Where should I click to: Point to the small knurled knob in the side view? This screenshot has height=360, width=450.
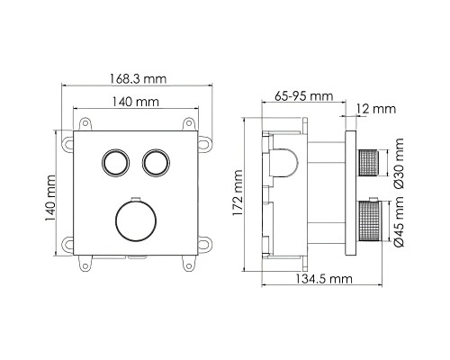[368, 162]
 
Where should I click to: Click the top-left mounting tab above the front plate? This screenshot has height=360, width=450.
[87, 123]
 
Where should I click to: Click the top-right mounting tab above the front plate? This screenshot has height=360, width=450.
[190, 123]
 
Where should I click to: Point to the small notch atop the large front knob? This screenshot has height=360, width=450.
[134, 198]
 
